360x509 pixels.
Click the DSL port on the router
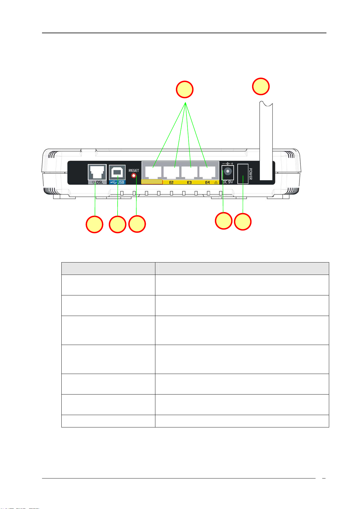(x=97, y=172)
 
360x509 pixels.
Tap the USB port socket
(x=117, y=172)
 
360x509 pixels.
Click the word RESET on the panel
(x=134, y=170)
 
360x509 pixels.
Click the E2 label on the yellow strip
(x=171, y=182)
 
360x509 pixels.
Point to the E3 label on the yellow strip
(x=189, y=182)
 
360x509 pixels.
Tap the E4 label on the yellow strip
(x=207, y=182)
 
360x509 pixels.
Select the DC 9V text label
(x=228, y=182)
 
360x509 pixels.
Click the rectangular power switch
(x=243, y=174)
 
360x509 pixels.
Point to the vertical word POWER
(x=251, y=174)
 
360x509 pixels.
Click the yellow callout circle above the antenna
(x=261, y=86)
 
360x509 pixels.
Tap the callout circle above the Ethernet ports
(x=185, y=89)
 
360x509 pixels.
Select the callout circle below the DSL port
(x=94, y=224)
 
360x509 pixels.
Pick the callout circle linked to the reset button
(x=137, y=224)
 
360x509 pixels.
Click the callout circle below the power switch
(x=243, y=222)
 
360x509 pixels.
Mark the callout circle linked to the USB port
(x=118, y=224)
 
